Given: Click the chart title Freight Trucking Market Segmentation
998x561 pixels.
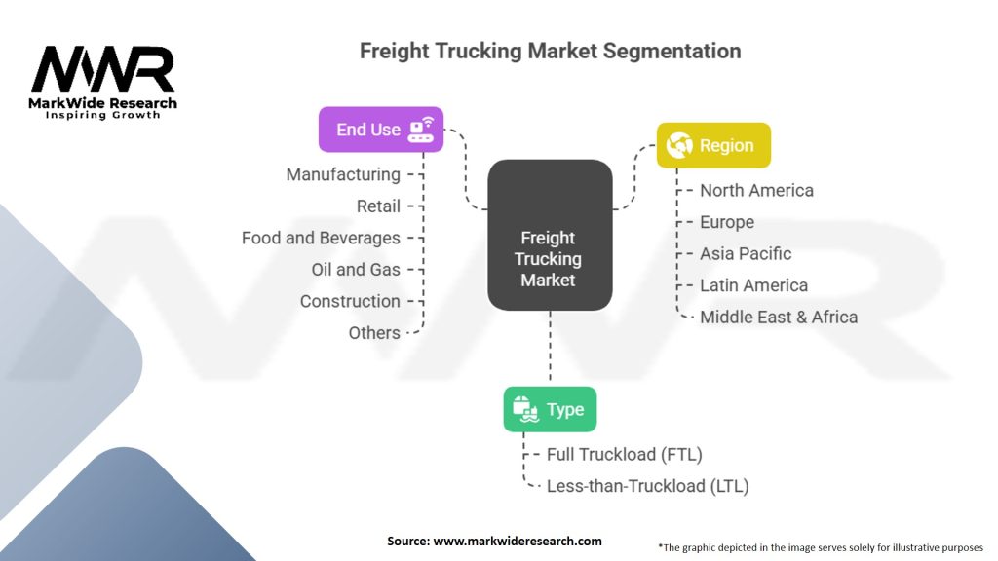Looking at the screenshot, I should coord(550,51).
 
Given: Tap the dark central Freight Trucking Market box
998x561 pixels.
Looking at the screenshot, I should coord(550,236).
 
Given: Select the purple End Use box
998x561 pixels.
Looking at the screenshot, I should coord(380,130).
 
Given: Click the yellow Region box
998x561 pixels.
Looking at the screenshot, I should coord(713,145).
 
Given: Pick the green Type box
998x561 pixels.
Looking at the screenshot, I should coord(550,409).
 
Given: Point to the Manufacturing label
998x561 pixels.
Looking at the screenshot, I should coord(343,174).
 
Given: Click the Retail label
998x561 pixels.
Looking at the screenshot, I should coord(378,206).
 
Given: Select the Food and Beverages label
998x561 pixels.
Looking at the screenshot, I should coord(321,238).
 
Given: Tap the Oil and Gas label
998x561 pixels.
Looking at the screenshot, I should coord(356,269).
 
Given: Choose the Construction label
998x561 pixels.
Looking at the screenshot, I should coord(350,301).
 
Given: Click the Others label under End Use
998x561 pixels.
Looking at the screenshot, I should coord(374,332).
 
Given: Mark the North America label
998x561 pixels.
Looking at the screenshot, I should coord(756,190).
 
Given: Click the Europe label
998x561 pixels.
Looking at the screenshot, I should coord(727,222).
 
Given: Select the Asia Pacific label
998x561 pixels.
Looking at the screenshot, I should coord(746,253).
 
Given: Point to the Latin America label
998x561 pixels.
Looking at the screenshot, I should coord(753,285).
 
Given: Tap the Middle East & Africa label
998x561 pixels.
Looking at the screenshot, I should coord(779,317).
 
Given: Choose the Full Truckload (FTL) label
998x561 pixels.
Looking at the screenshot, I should coord(625,454).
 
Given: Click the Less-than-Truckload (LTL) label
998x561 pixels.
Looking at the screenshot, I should coord(648,485).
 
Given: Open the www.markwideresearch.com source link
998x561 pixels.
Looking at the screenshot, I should coord(517,541).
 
